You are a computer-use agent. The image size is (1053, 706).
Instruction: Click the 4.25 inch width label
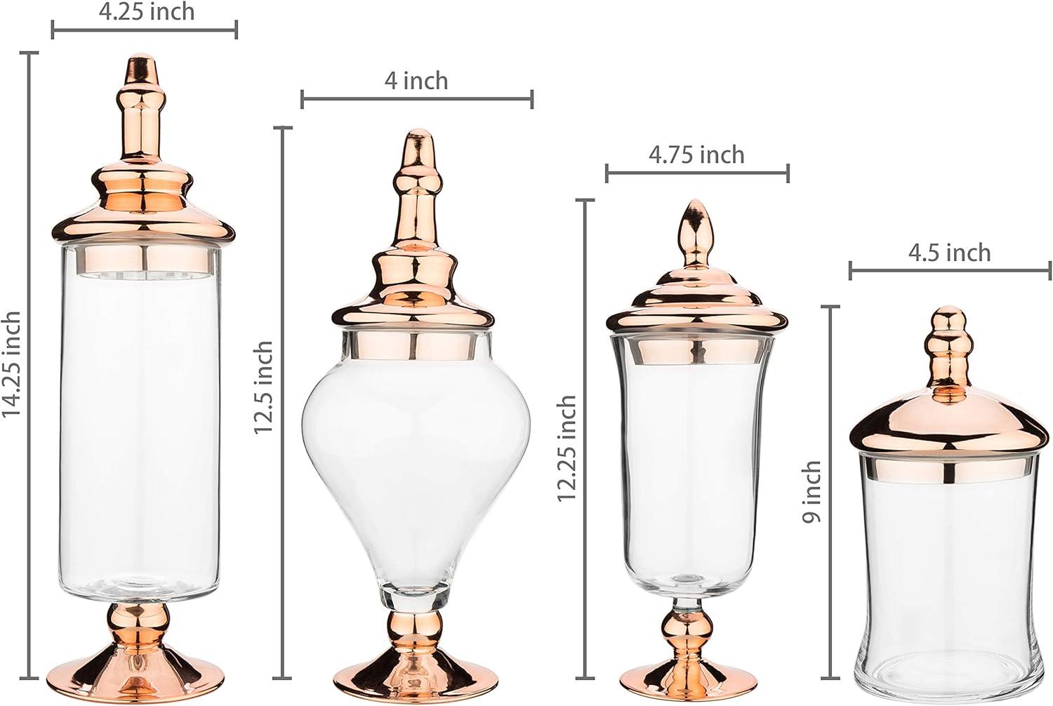pos(147,12)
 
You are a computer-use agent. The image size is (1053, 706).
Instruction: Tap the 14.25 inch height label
pos(12,364)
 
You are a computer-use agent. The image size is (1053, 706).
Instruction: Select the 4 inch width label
pos(416,81)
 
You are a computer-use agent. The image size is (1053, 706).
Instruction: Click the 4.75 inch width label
pos(696,154)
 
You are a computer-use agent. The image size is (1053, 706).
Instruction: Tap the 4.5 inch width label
pos(950,253)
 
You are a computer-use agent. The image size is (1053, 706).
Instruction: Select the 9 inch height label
pos(812,491)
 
